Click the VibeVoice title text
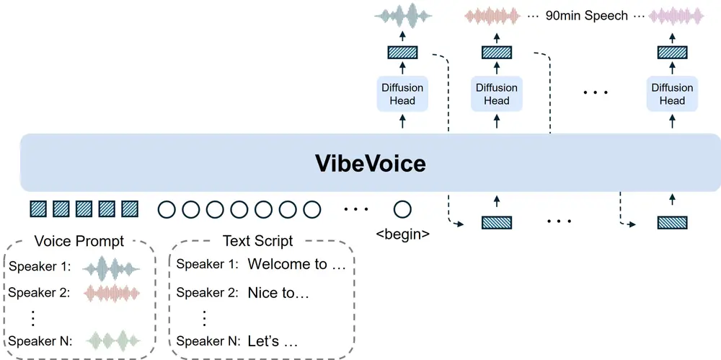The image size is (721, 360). pyautogui.click(x=370, y=163)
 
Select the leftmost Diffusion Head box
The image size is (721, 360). pyautogui.click(x=402, y=95)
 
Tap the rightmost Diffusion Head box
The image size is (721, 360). pyautogui.click(x=671, y=95)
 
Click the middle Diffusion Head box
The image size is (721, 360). pyautogui.click(x=496, y=95)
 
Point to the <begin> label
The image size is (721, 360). pyautogui.click(x=403, y=234)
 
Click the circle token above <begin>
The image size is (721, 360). pyautogui.click(x=402, y=210)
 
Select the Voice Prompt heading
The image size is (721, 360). pyautogui.click(x=79, y=241)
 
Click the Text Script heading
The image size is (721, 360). pyautogui.click(x=257, y=241)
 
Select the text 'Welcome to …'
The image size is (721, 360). pyautogui.click(x=297, y=264)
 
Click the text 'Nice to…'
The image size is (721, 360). pyautogui.click(x=278, y=293)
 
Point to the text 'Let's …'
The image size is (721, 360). pyautogui.click(x=273, y=341)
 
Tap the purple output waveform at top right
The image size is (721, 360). pyautogui.click(x=676, y=15)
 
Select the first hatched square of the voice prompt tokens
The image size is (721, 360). pyautogui.click(x=37, y=210)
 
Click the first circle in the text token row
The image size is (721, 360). pyautogui.click(x=167, y=210)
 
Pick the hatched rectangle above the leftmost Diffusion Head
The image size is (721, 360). pyautogui.click(x=402, y=52)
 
